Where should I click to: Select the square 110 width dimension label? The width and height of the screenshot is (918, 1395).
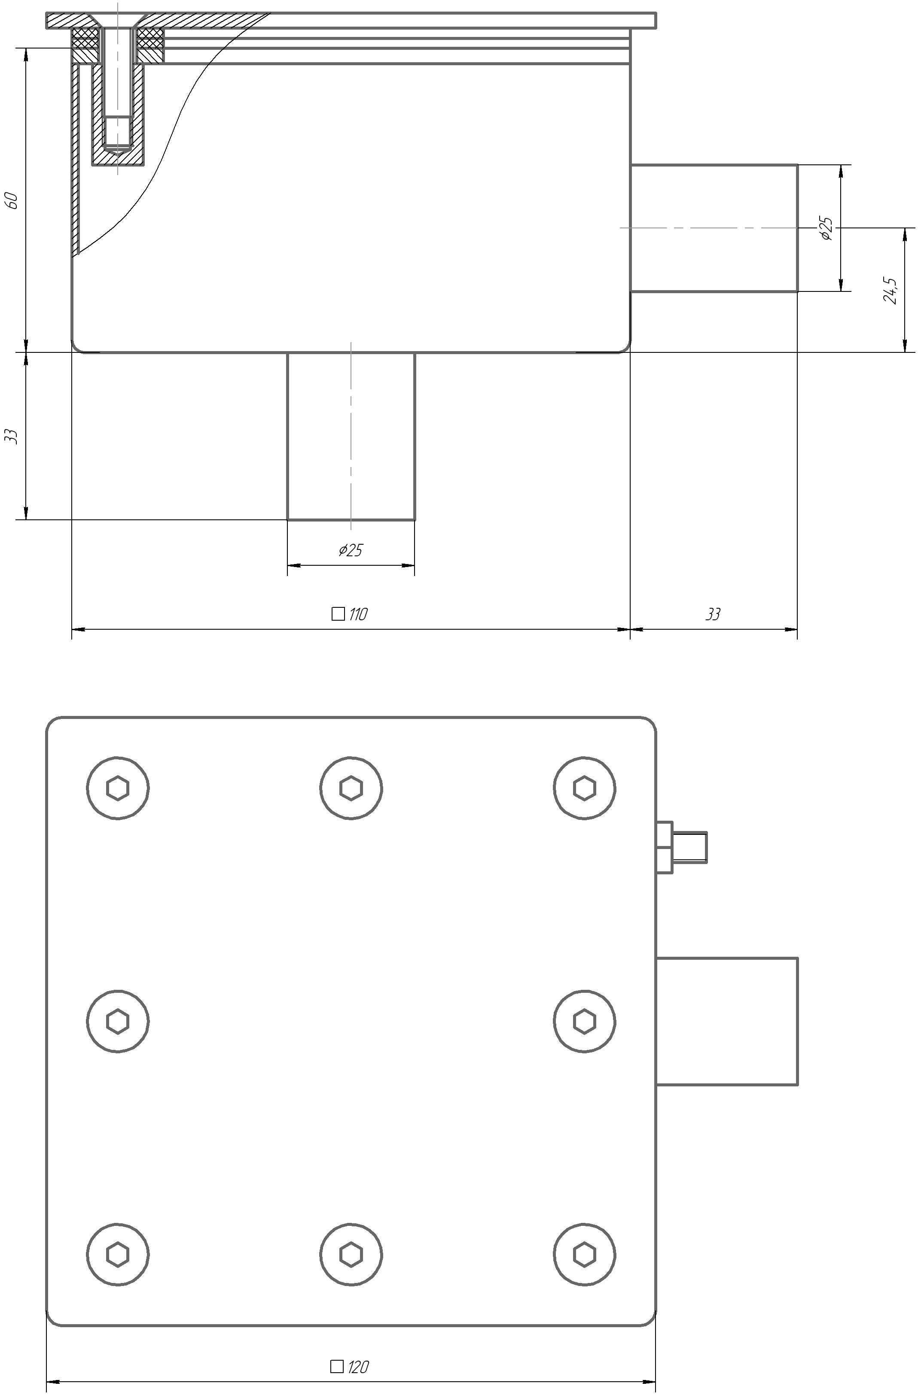tap(350, 614)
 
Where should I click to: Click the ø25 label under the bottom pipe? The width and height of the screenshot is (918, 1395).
tap(351, 550)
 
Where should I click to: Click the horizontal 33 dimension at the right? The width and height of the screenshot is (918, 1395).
tap(713, 614)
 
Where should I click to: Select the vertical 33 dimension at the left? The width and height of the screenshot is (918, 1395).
tap(12, 436)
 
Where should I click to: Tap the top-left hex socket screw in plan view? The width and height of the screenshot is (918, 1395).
tap(117, 788)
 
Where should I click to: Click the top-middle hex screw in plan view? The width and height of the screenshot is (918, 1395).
tap(351, 788)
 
